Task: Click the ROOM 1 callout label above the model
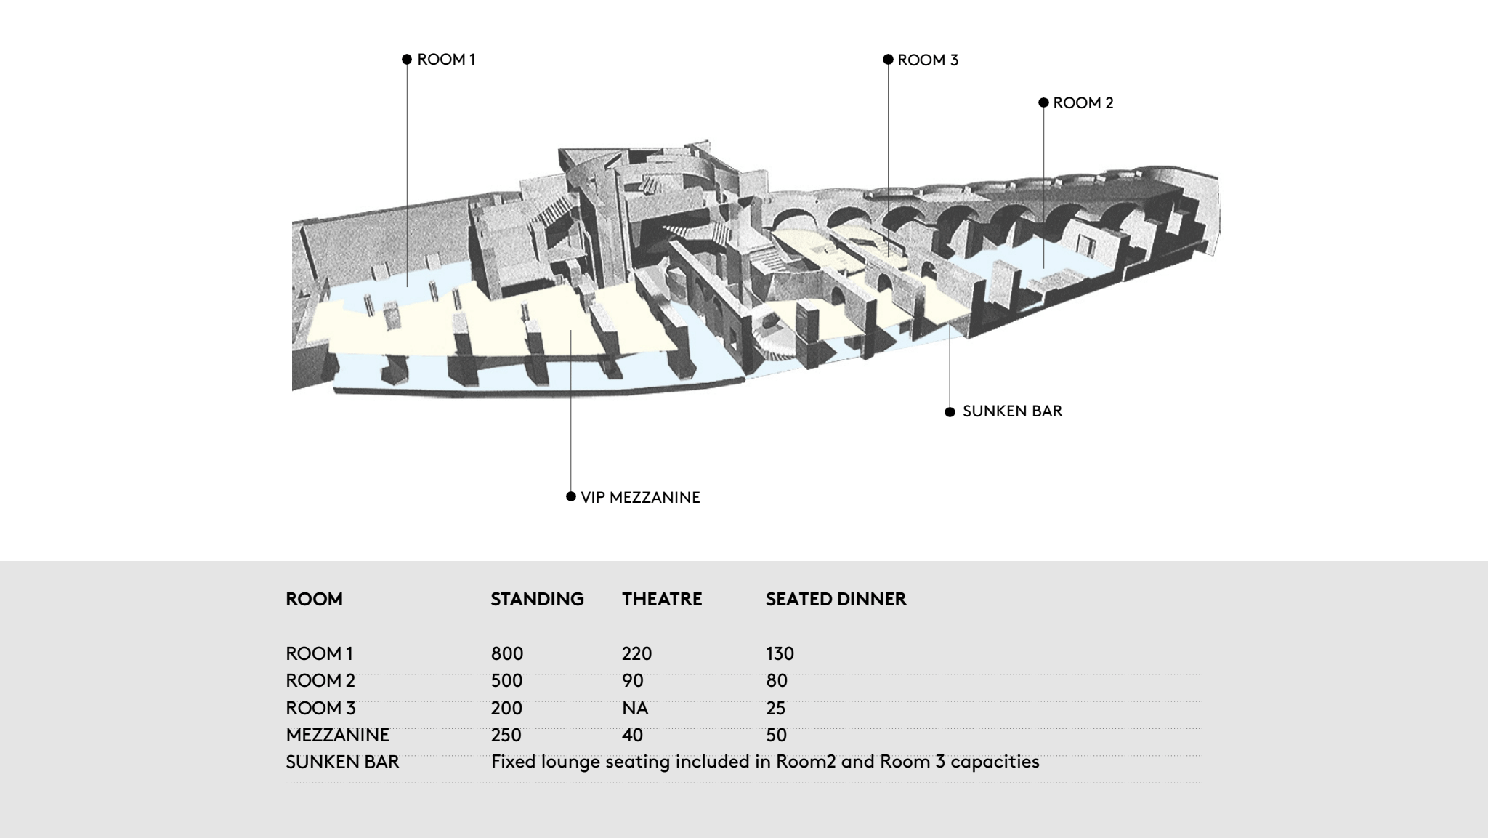(446, 60)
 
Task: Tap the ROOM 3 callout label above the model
(928, 60)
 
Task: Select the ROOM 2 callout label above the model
(1083, 103)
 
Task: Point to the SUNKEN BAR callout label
(1012, 411)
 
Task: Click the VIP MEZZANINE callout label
(640, 498)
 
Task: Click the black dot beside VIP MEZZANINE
(571, 497)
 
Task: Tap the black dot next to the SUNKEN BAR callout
(950, 412)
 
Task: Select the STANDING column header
(537, 599)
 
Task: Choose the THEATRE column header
(662, 599)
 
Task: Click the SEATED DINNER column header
(836, 599)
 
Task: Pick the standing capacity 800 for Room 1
(507, 653)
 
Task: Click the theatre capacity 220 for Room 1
(637, 653)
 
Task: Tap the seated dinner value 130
(780, 653)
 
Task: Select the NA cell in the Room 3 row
(635, 708)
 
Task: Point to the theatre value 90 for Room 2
(633, 681)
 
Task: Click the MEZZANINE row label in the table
(338, 735)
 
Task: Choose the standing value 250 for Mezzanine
(506, 735)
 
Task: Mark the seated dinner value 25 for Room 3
(776, 708)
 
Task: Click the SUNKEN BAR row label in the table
(343, 762)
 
